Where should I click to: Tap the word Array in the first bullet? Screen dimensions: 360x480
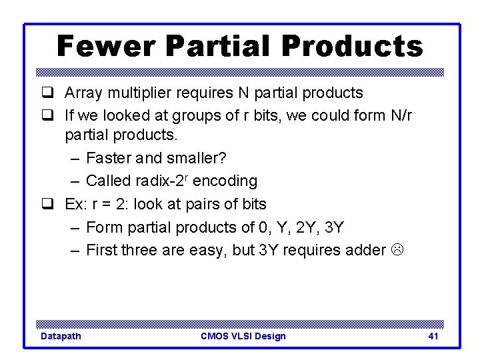83,93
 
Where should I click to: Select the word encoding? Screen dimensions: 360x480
225,181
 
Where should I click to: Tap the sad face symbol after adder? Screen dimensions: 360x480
397,250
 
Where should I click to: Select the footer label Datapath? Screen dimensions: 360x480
61,336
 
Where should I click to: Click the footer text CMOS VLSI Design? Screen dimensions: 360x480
243,336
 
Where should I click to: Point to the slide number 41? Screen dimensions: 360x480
433,336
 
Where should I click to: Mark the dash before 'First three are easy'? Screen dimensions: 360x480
75,251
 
